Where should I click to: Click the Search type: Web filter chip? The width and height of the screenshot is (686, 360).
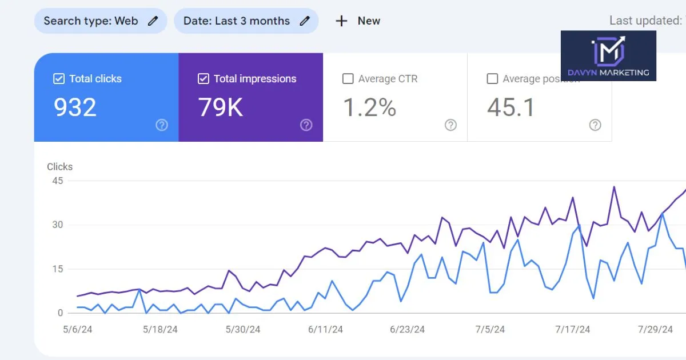tap(100, 21)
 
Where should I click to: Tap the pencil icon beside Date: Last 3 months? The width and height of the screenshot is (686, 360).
tap(305, 21)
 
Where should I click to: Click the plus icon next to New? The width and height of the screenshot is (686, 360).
tap(341, 21)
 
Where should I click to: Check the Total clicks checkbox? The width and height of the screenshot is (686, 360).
tap(58, 79)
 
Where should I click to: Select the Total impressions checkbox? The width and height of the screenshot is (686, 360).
tap(203, 79)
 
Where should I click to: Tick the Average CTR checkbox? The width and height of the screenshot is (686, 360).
tap(348, 79)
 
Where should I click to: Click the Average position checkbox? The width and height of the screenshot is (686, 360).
tap(492, 79)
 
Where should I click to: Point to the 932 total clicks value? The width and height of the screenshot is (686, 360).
tap(75, 107)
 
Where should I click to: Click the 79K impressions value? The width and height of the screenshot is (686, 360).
tap(221, 107)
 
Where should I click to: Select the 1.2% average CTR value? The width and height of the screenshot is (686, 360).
tap(369, 107)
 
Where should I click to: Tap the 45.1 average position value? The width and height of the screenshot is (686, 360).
tap(510, 107)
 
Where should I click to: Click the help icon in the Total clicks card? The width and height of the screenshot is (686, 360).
tap(162, 125)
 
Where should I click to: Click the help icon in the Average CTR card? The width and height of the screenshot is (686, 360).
tap(451, 125)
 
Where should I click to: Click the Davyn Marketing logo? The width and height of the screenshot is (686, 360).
tap(608, 56)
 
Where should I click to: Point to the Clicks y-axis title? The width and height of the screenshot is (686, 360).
tap(59, 167)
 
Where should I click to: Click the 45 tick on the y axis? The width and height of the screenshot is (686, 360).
tap(57, 181)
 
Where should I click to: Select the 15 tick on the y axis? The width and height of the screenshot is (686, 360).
tap(57, 269)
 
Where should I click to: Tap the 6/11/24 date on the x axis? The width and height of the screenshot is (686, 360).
tap(325, 330)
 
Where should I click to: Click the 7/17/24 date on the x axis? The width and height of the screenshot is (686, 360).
tap(572, 330)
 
